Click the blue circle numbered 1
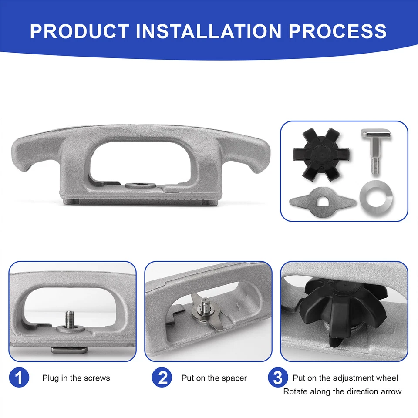[19, 378]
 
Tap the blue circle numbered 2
[162, 378]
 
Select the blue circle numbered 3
[278, 378]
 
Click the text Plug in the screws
[76, 378]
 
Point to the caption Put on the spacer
[214, 378]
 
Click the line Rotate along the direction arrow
[342, 391]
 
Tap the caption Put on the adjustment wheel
[345, 378]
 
